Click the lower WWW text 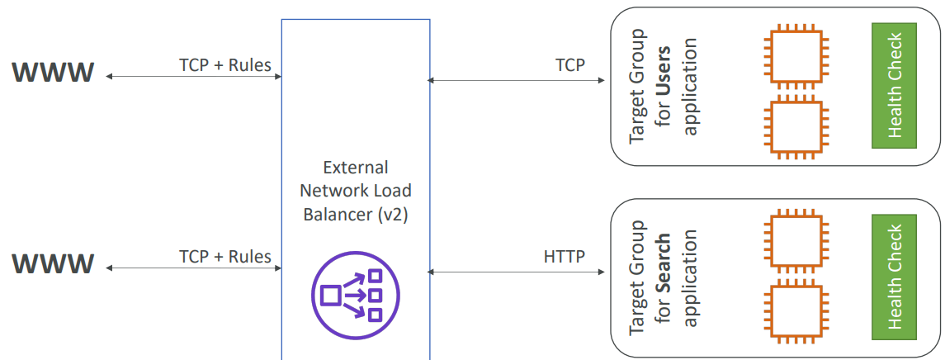coord(53,264)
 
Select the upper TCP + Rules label coord(224,64)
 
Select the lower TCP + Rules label coord(224,256)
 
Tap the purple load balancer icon coord(356,295)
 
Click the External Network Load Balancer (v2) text coord(356,191)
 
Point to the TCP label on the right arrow coord(569,64)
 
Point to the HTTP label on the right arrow coord(565,256)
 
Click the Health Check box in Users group coord(894,85)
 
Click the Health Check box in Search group coord(894,277)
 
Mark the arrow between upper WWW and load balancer coord(194,77)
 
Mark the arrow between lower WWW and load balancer coord(194,268)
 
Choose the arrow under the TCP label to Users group coord(517,80)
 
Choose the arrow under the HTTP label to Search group coord(517,270)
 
